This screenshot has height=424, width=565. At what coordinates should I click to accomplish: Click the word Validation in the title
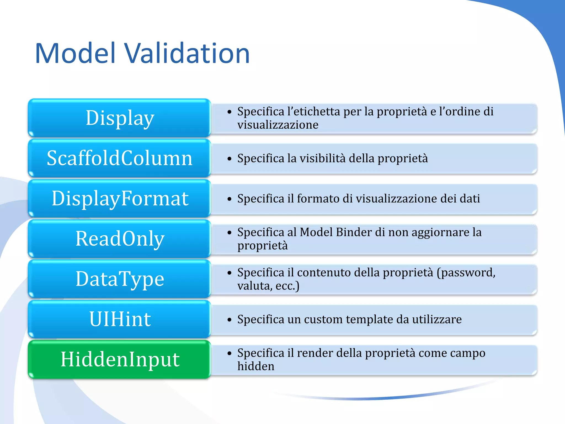click(x=188, y=54)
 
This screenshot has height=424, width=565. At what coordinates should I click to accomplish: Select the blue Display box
click(x=119, y=118)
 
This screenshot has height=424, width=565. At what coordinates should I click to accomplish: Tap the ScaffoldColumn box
click(x=119, y=158)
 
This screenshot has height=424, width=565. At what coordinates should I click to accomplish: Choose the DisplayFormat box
click(x=119, y=198)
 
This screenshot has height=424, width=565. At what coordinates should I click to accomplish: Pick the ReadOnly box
click(x=119, y=239)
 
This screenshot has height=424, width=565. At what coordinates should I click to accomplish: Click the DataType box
click(x=119, y=279)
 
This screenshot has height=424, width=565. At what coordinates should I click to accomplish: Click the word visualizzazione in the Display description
click(x=278, y=125)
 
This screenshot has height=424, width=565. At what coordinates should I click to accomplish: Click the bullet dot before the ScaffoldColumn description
click(x=229, y=159)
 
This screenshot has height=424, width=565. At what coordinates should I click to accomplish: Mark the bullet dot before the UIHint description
click(x=229, y=320)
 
